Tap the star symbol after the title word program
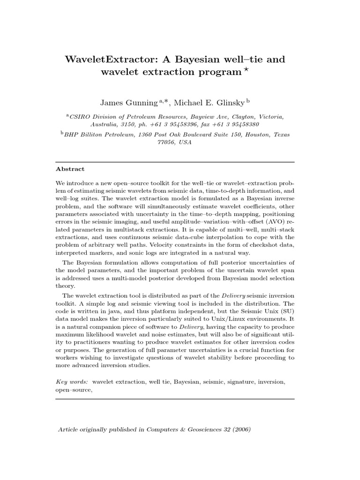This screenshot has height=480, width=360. point(247,70)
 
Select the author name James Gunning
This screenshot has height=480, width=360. point(127,103)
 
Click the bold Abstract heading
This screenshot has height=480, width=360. point(70,169)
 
